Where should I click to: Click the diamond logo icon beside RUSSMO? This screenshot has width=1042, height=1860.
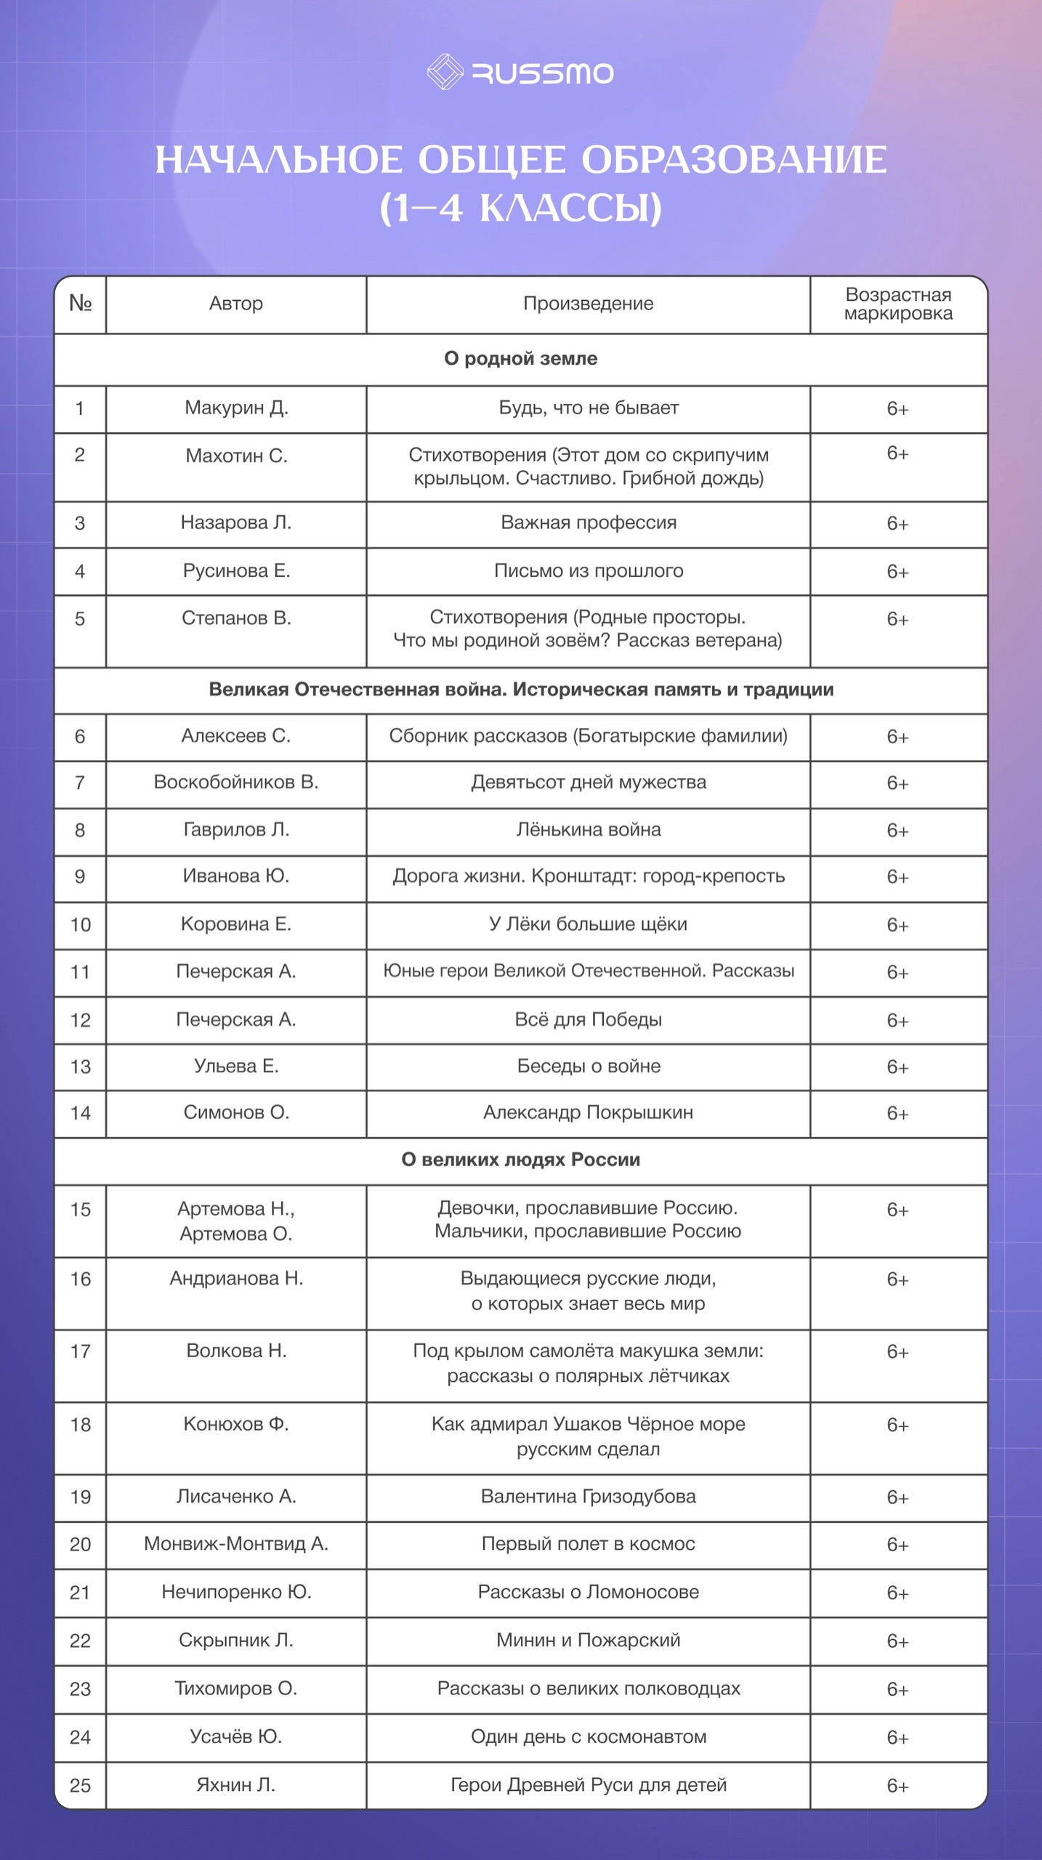[x=445, y=72]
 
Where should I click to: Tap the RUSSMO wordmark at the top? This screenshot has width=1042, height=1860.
[x=543, y=73]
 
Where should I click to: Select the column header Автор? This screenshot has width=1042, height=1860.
[x=236, y=304]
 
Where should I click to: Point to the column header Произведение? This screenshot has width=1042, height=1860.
[x=588, y=304]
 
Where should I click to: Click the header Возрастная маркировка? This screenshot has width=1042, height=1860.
[x=898, y=304]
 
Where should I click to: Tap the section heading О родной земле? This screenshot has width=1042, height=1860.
[x=520, y=359]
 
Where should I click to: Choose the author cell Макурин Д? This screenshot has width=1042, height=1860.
[x=236, y=408]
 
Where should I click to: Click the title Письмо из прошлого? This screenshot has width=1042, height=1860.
[x=588, y=571]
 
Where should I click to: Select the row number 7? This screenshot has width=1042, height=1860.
[x=80, y=783]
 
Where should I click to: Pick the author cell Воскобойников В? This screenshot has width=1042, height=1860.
[x=236, y=783]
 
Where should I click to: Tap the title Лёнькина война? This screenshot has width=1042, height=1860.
[x=588, y=830]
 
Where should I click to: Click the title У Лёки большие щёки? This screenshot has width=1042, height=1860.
[x=588, y=924]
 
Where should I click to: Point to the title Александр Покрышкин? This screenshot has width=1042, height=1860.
[x=588, y=1112]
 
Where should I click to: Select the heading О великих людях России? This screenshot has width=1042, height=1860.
[x=520, y=1160]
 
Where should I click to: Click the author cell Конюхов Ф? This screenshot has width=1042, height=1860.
[x=236, y=1424]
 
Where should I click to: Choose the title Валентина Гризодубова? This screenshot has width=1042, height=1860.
[x=588, y=1497]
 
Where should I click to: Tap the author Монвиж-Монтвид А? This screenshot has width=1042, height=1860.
[x=236, y=1544]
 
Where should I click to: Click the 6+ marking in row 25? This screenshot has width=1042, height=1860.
[x=897, y=1786]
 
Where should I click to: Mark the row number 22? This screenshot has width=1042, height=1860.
[x=80, y=1641]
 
